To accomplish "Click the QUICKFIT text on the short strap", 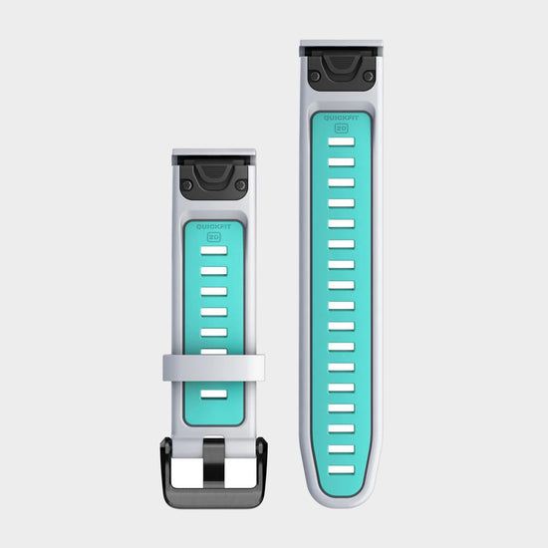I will pyautogui.click(x=213, y=227).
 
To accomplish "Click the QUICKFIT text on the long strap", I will pyautogui.click(x=342, y=118).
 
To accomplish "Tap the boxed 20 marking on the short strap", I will pyautogui.click(x=213, y=237).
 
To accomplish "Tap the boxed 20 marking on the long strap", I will pyautogui.click(x=342, y=128).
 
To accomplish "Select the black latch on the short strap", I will pyautogui.click(x=213, y=179).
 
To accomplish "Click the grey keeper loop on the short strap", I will pyautogui.click(x=213, y=368).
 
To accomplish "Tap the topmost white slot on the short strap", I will pyautogui.click(x=213, y=250).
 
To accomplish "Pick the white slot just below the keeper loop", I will pyautogui.click(x=213, y=394).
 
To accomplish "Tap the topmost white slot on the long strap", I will pyautogui.click(x=342, y=141).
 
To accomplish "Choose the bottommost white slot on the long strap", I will pyautogui.click(x=342, y=469).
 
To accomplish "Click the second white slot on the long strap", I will pyautogui.click(x=342, y=161).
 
